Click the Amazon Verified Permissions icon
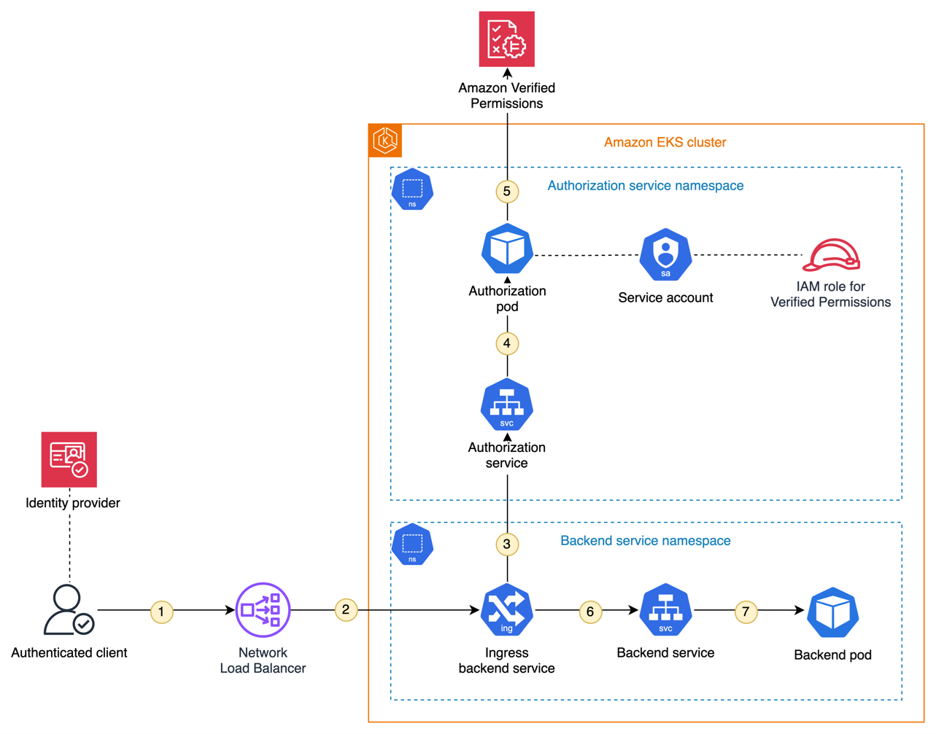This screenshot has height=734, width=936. pos(506,39)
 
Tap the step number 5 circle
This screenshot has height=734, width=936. pos(507,192)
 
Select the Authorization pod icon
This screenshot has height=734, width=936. pos(507,249)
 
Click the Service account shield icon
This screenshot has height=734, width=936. pos(665,254)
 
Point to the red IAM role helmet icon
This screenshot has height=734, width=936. pos(832,255)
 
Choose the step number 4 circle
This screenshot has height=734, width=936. pos(507,343)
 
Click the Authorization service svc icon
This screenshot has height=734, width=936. pos(507,405)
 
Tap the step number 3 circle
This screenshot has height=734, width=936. pos(507,544)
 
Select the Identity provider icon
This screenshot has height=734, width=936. pos(69,460)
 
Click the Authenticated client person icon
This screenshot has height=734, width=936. pos(69,610)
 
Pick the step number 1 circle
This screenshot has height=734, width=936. pos(161,612)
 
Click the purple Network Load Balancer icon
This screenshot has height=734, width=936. pos(263,610)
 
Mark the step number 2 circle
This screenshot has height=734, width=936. pos(346,609)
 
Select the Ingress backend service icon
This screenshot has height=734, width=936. pos(507,610)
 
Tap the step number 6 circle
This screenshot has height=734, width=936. pos(590,612)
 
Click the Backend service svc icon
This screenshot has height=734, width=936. pos(665,610)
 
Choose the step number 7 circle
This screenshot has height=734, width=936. pos(746,612)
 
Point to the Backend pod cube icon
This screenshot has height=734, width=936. pos(833,612)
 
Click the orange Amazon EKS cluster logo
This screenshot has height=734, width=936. pos(385,141)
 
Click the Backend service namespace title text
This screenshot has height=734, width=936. pos(645,541)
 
